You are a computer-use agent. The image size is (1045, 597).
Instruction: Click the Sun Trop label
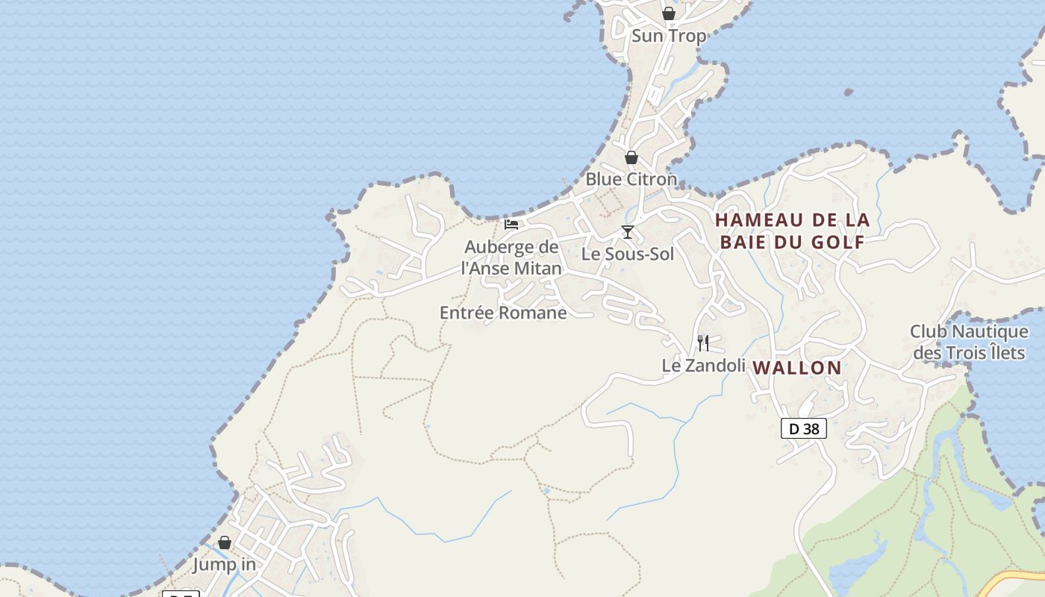point(669,36)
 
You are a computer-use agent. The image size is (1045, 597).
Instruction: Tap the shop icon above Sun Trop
point(669,13)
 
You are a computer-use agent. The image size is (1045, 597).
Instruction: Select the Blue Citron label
point(631,179)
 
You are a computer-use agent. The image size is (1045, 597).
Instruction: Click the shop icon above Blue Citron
point(631,157)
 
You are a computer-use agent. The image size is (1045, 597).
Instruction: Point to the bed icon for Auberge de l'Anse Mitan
point(511,224)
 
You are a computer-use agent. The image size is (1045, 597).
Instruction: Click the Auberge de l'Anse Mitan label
point(511,257)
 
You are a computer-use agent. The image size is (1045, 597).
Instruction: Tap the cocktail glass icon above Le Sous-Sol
point(628,232)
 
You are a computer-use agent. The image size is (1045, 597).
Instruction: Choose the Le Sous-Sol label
point(628,254)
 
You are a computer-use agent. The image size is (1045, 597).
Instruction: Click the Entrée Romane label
point(503,313)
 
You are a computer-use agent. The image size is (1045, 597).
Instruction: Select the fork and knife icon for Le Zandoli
point(703,343)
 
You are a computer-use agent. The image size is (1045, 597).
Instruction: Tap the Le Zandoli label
point(704,366)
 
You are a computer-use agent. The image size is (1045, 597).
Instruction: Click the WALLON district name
point(797,368)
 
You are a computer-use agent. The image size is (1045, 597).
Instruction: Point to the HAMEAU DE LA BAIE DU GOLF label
point(792,231)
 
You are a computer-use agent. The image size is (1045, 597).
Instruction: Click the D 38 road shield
point(804,428)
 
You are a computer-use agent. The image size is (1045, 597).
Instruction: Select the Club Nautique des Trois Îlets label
point(969,341)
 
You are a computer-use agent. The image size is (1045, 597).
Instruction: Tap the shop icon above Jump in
point(225,543)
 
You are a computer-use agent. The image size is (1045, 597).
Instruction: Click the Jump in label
point(225,565)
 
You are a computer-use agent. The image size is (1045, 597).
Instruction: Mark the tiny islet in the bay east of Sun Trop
point(849,92)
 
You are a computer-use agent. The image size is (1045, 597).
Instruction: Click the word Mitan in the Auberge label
point(534,268)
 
